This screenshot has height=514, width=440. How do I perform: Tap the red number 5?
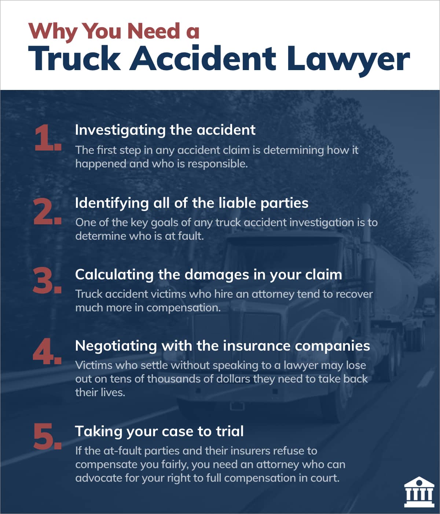pyautogui.click(x=47, y=437)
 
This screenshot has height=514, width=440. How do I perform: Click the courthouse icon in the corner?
pyautogui.click(x=419, y=492)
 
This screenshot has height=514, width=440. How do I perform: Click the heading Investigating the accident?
pyautogui.click(x=165, y=130)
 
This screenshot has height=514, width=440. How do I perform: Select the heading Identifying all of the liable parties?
pyautogui.click(x=191, y=203)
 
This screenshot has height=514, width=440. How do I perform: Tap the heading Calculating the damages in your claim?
pyautogui.click(x=208, y=275)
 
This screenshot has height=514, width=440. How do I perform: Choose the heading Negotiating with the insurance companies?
pyautogui.click(x=222, y=346)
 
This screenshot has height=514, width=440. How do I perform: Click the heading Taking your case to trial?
pyautogui.click(x=159, y=431)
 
